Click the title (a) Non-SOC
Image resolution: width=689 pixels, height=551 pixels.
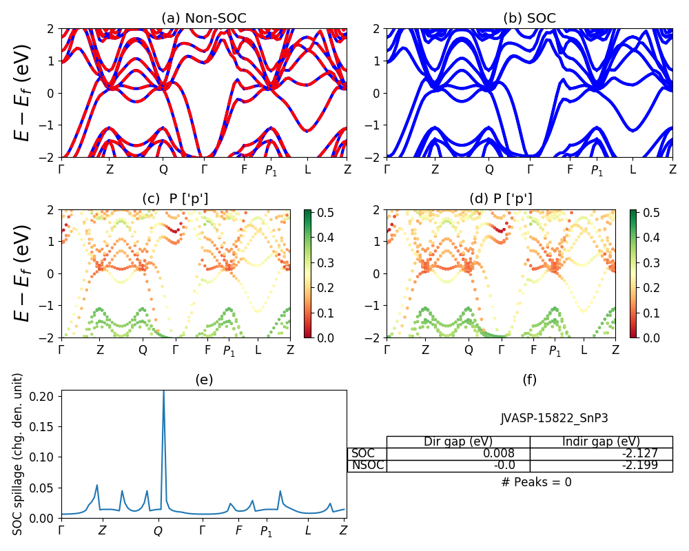[x=203, y=18]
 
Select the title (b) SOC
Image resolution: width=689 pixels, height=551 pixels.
[x=529, y=18]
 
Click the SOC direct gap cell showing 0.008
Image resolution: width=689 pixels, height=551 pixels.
[x=458, y=454]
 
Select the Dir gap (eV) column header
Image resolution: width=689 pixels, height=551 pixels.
[x=458, y=441]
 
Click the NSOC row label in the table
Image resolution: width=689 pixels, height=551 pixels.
[x=367, y=466]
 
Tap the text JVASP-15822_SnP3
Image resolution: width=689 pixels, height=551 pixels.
[x=554, y=418]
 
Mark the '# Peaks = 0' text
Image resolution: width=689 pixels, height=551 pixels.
[x=536, y=482]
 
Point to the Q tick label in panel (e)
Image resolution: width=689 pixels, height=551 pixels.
[x=158, y=531]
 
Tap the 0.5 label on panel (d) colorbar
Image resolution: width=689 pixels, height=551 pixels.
[x=650, y=213]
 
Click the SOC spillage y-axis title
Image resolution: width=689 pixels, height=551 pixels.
[x=19, y=454]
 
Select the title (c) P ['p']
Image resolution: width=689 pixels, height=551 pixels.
[x=175, y=199]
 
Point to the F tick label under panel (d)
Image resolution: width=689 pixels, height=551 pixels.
[x=533, y=350]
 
